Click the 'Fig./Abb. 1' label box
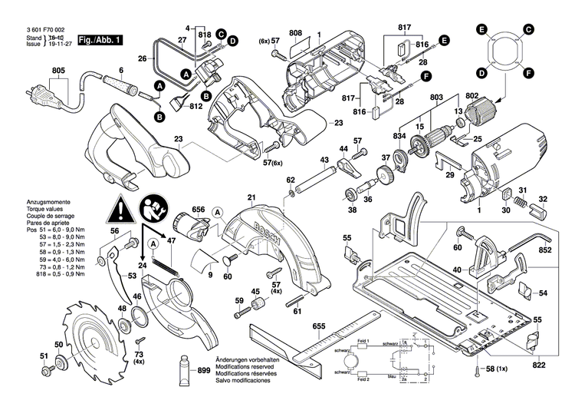(x=100, y=38)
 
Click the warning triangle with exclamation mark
(x=119, y=208)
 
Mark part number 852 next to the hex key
(x=545, y=250)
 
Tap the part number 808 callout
(x=296, y=33)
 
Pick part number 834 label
(x=399, y=136)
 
